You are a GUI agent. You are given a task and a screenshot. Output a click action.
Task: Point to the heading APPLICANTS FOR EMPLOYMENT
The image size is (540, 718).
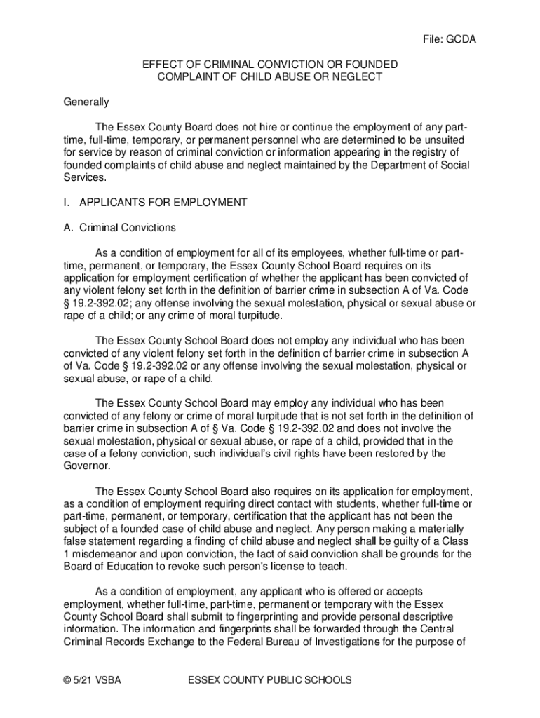[163, 203]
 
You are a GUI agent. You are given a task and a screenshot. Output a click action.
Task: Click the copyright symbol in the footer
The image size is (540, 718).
[67, 680]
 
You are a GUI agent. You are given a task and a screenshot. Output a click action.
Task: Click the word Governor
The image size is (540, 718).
[87, 466]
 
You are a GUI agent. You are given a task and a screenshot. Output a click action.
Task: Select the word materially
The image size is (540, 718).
[436, 529]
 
